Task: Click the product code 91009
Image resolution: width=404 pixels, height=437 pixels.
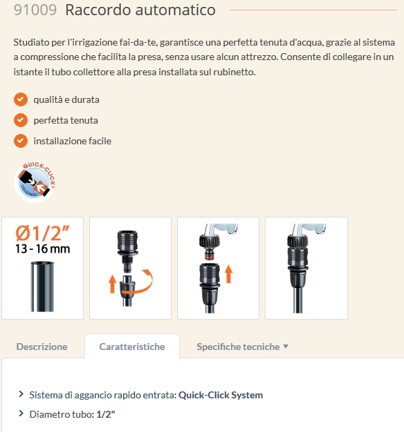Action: point(35,10)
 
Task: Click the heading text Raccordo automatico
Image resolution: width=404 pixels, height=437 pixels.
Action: point(140,10)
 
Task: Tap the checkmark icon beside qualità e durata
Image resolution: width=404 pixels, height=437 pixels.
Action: point(21,99)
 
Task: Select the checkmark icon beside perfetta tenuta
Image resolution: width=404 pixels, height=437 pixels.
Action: point(21,120)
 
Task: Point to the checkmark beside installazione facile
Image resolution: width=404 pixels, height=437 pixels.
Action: point(21,141)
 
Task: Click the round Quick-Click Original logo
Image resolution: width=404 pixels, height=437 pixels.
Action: point(35,182)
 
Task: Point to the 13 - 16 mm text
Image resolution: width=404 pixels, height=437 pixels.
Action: point(42,249)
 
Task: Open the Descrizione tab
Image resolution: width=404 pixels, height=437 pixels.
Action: point(42,347)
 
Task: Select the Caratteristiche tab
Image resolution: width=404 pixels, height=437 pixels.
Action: point(132,347)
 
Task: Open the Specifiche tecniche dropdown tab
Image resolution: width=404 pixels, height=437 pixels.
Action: point(238,347)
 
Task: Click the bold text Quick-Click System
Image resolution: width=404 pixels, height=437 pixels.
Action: point(221,396)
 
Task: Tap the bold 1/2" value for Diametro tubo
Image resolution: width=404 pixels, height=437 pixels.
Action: point(105,414)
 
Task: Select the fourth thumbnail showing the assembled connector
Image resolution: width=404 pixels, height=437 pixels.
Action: point(306,268)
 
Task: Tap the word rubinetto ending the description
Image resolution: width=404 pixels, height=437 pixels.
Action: point(233,72)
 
